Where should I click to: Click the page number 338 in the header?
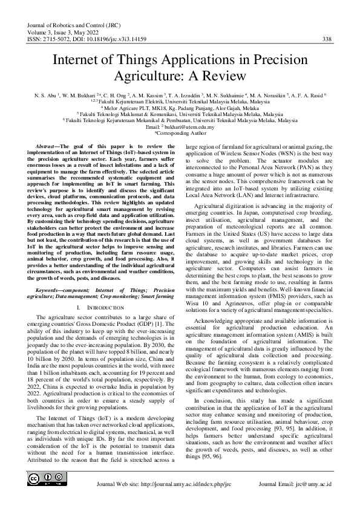(326, 39)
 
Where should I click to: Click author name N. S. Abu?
(45, 95)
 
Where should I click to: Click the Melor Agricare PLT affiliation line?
(180, 108)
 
